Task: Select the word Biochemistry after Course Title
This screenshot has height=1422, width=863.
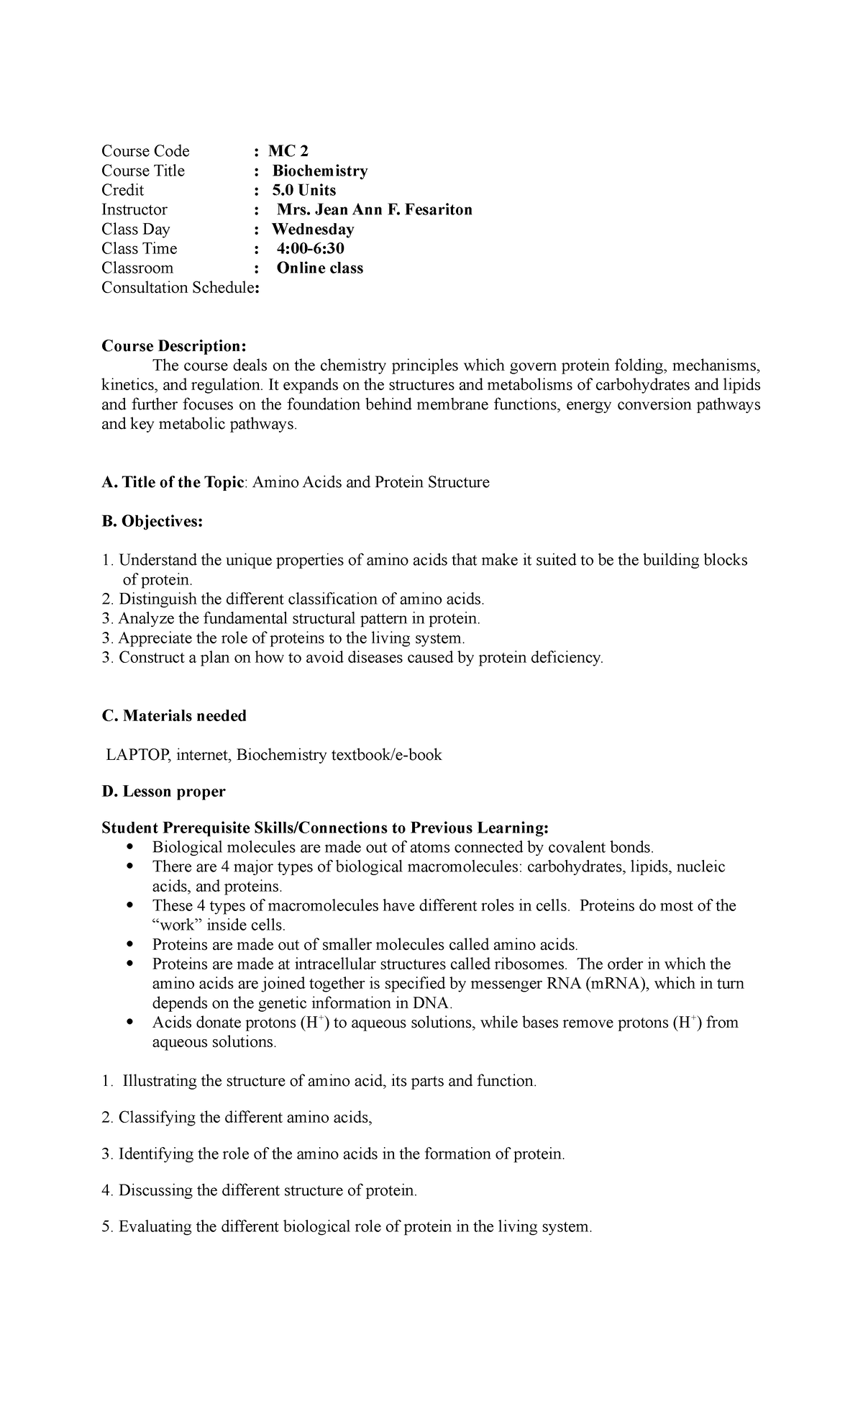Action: pyautogui.click(x=320, y=171)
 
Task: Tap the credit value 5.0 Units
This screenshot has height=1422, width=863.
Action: pyautogui.click(x=304, y=190)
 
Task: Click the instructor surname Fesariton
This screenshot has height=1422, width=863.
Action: pyautogui.click(x=434, y=209)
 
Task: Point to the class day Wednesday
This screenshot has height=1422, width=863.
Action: pyautogui.click(x=314, y=229)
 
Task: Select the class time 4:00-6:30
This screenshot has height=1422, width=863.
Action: pyautogui.click(x=311, y=248)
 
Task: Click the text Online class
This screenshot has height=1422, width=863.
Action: pyautogui.click(x=320, y=268)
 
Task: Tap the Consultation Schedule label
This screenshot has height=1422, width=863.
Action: pyautogui.click(x=178, y=288)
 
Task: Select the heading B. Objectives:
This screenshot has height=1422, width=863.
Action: pyautogui.click(x=152, y=521)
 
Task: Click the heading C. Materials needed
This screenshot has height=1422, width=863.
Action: pyautogui.click(x=174, y=715)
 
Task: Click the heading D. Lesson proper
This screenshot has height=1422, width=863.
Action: pyautogui.click(x=163, y=792)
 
